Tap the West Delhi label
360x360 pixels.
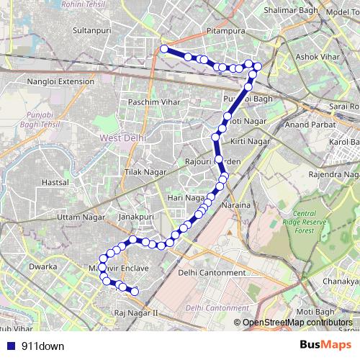coord(122,136)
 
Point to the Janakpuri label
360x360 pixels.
coord(137,215)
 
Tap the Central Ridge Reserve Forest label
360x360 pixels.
coord(315,222)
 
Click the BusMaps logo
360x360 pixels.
coord(325,346)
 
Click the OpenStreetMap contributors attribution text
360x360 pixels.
coord(297,323)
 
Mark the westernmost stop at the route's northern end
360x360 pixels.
coord(164,49)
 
